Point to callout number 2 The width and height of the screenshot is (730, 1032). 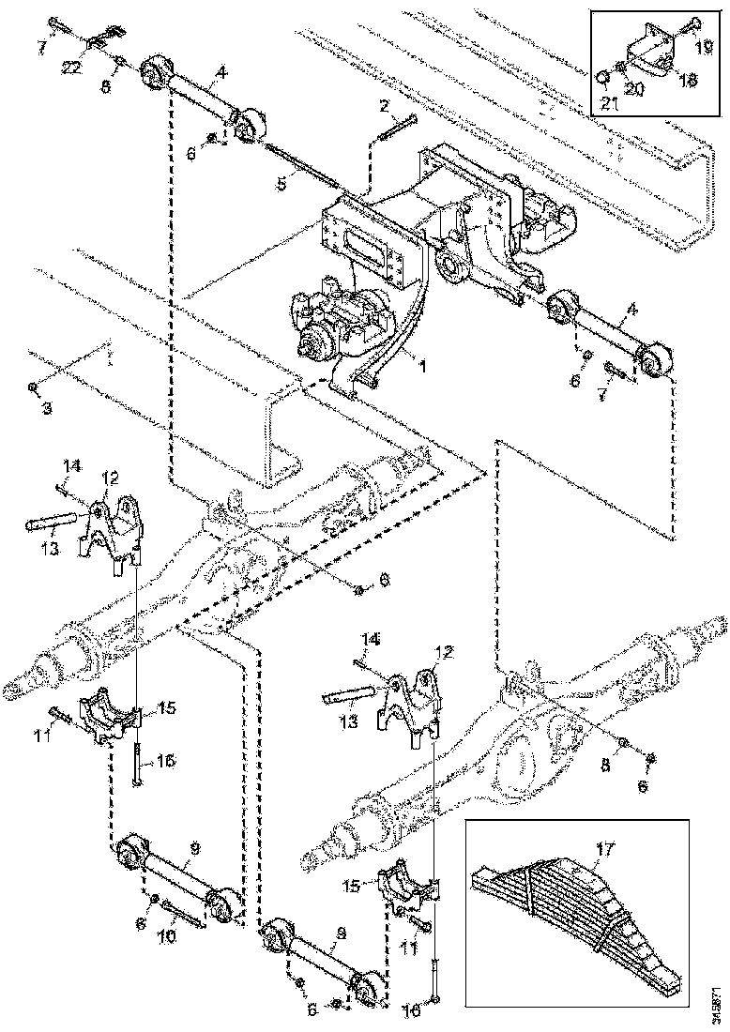click(x=384, y=106)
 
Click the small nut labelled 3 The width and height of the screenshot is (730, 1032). click(x=33, y=387)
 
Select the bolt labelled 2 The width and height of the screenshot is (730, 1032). click(x=398, y=128)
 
